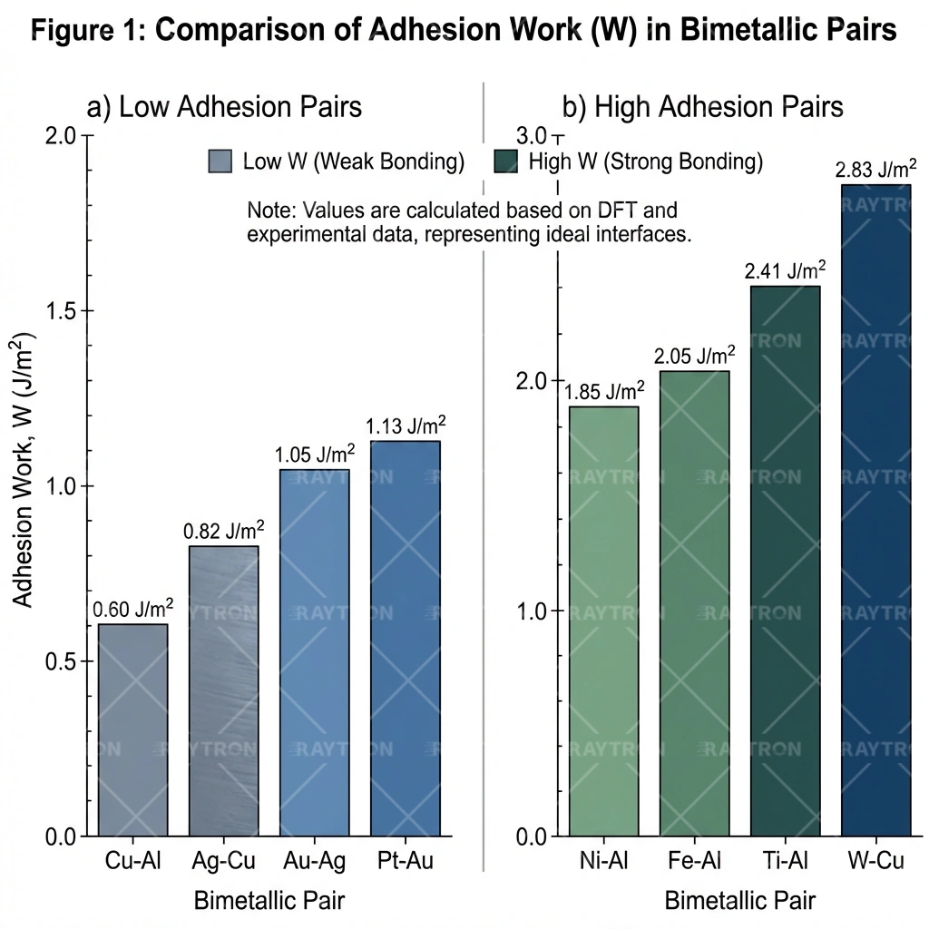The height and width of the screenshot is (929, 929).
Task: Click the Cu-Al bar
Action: click(x=132, y=729)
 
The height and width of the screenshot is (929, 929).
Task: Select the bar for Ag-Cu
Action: click(x=223, y=690)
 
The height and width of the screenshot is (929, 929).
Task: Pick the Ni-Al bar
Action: click(x=603, y=621)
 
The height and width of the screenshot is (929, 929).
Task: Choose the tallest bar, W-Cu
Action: click(x=875, y=509)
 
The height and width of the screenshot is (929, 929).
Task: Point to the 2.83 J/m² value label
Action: click(x=875, y=170)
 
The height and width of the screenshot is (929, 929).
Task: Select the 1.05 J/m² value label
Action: click(x=315, y=454)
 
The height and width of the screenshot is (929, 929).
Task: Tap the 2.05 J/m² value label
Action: click(x=695, y=356)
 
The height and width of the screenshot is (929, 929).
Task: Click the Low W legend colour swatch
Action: click(x=220, y=161)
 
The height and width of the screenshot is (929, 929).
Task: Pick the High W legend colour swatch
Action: click(x=506, y=161)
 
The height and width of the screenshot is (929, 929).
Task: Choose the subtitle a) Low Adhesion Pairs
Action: click(x=224, y=107)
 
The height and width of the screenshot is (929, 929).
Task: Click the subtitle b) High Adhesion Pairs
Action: click(x=703, y=107)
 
